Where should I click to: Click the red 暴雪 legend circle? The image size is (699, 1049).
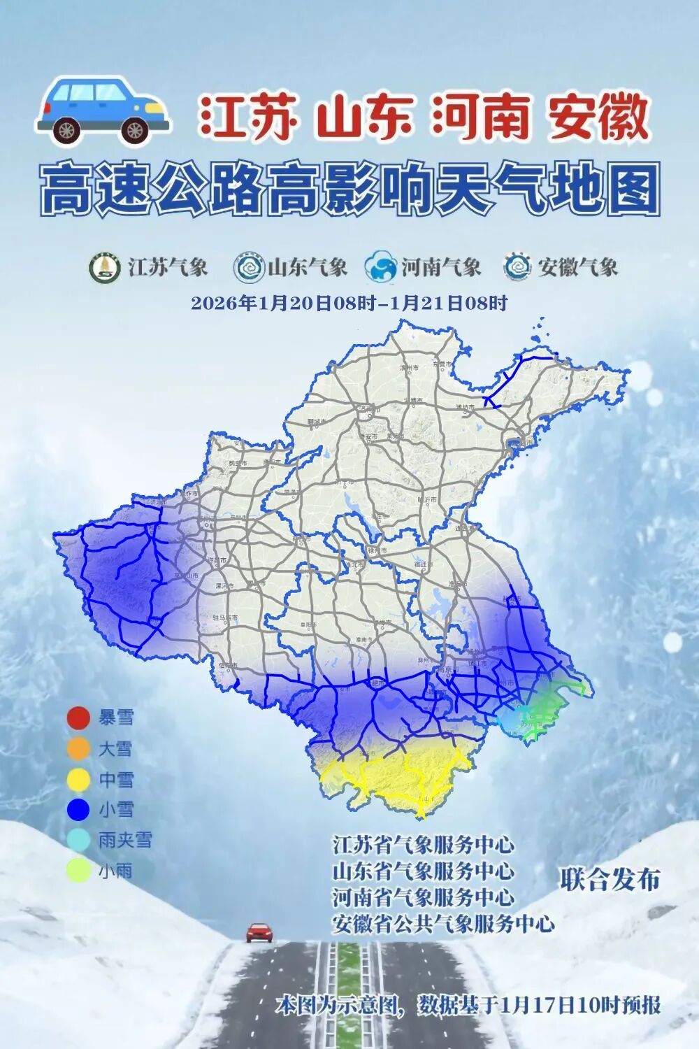(x=78, y=718)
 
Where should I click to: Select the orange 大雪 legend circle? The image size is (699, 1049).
(x=78, y=749)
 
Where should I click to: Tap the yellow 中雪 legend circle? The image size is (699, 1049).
(x=78, y=780)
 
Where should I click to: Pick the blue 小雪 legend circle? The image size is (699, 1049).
(x=78, y=810)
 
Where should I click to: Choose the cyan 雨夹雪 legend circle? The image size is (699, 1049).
(x=78, y=840)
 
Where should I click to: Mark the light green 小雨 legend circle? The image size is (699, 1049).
(x=78, y=871)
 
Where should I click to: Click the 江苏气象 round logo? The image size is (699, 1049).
(x=104, y=267)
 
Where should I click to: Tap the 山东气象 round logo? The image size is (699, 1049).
(x=248, y=267)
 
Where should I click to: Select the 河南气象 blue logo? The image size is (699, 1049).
(x=381, y=267)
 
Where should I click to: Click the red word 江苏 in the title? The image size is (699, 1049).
(x=249, y=117)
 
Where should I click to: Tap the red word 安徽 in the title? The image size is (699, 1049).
(x=598, y=117)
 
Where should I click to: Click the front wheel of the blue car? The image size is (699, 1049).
(x=135, y=129)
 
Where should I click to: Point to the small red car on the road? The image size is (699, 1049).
(x=259, y=932)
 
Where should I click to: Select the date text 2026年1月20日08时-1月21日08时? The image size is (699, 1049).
(x=349, y=304)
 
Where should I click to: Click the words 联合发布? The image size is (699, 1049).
(x=610, y=880)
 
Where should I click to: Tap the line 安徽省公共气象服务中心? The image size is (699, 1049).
(x=443, y=924)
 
